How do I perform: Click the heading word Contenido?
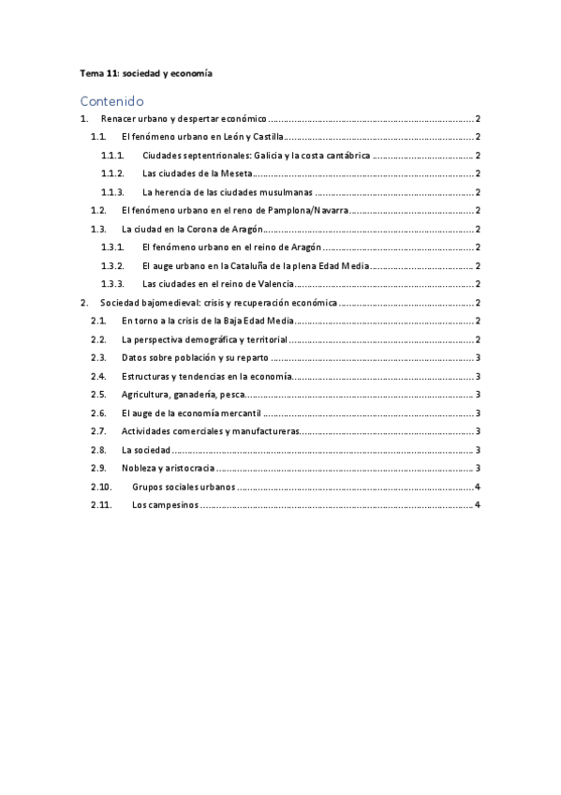tap(111, 100)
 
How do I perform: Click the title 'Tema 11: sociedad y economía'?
tap(145, 73)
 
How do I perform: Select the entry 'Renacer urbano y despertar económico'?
tap(184, 119)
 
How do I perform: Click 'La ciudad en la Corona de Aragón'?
tap(191, 229)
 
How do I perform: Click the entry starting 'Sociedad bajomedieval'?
tap(218, 303)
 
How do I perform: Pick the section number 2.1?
tap(98, 321)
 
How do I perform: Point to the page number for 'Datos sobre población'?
tap(478, 357)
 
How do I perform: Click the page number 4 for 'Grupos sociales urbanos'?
tap(478, 487)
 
